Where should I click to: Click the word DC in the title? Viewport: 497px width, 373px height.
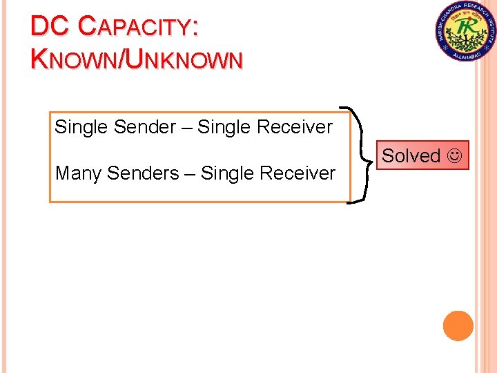tap(49, 26)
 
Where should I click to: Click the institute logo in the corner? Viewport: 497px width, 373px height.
tap(466, 31)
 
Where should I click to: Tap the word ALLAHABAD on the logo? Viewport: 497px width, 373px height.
tap(466, 55)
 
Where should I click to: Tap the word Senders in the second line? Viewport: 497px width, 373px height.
tap(143, 173)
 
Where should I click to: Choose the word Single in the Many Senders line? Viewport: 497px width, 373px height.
tap(225, 173)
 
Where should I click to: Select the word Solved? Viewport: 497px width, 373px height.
tap(411, 156)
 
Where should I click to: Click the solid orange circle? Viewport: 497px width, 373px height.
tap(458, 326)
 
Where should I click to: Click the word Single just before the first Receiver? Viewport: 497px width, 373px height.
tap(222, 127)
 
